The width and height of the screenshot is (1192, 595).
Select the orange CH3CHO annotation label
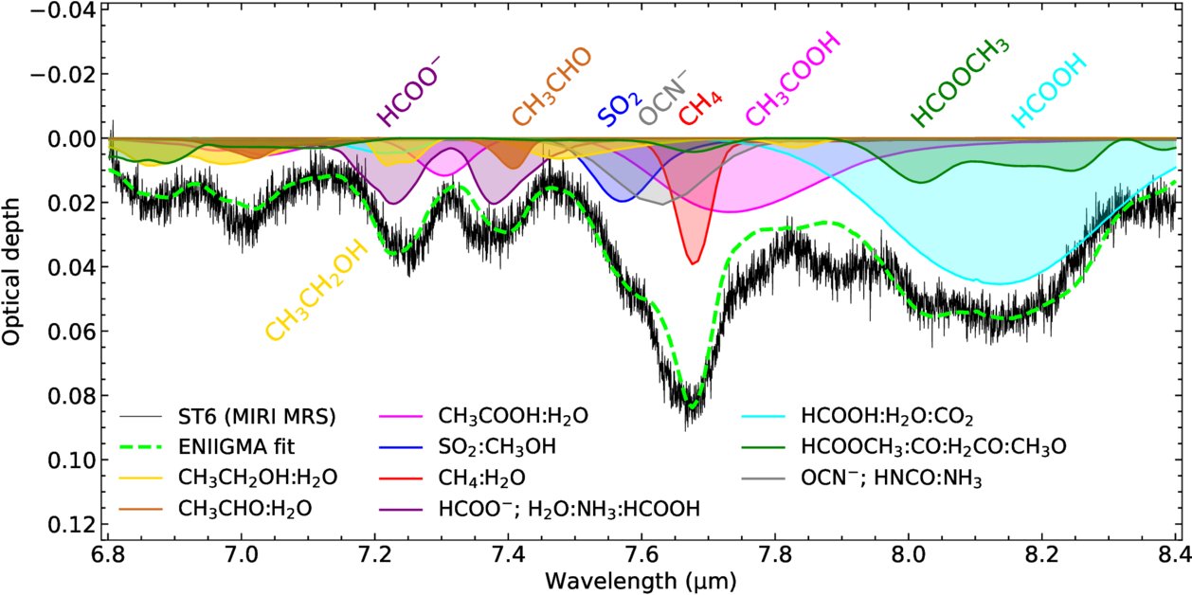click(x=551, y=87)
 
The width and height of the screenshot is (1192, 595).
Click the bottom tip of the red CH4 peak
click(x=695, y=263)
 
